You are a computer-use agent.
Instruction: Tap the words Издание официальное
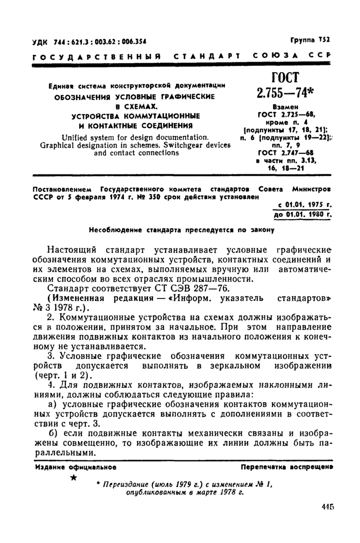tap(76, 467)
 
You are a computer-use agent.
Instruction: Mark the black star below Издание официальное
tap(75, 479)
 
